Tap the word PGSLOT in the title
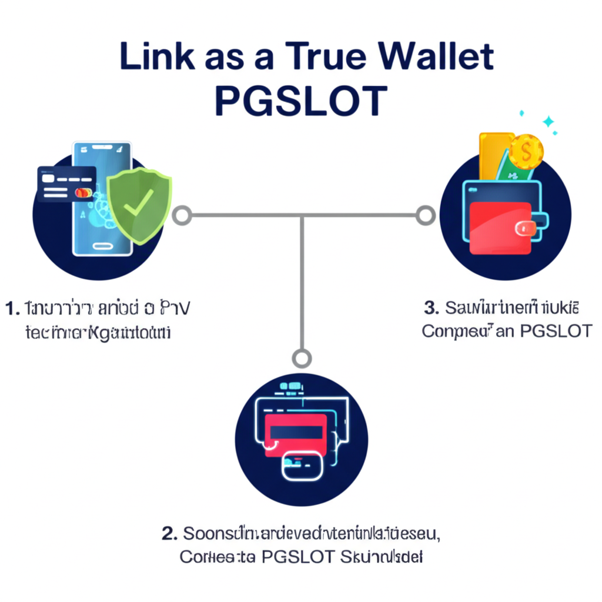click(x=301, y=101)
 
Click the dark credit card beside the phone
click(x=66, y=183)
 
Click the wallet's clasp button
click(x=529, y=229)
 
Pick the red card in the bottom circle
click(x=296, y=434)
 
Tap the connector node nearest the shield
click(x=182, y=215)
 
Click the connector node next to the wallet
click(x=424, y=215)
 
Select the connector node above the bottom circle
click(x=302, y=357)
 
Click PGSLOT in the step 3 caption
click(x=556, y=331)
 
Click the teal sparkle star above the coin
click(x=549, y=122)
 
